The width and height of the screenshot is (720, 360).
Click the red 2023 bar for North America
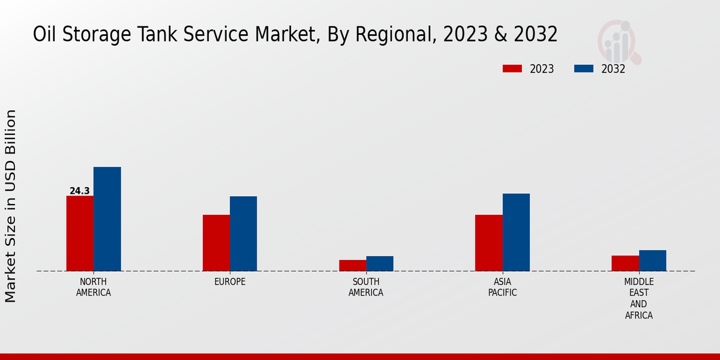(x=80, y=233)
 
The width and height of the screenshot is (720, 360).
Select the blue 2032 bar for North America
(x=107, y=219)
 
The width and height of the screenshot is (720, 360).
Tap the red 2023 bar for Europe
(x=216, y=243)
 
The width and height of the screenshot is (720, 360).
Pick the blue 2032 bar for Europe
(x=243, y=233)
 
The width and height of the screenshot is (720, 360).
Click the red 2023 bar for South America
(x=352, y=265)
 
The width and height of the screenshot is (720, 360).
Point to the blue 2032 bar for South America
(x=380, y=263)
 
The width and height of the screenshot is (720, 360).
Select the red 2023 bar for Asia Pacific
(x=488, y=243)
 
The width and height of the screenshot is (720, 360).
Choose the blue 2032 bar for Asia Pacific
(x=516, y=232)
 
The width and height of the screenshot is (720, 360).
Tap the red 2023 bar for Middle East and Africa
(x=625, y=263)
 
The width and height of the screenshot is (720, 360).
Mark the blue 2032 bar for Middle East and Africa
(x=652, y=260)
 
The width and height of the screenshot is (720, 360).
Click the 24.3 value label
(x=79, y=191)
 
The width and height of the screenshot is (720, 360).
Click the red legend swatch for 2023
(x=512, y=69)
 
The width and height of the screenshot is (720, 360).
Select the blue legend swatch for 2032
(x=584, y=69)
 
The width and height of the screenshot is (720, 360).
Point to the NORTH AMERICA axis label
(x=94, y=287)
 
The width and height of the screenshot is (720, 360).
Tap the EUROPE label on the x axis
(x=230, y=282)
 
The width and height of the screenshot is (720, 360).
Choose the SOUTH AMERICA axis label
(x=366, y=287)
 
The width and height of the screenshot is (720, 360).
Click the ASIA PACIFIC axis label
(x=502, y=287)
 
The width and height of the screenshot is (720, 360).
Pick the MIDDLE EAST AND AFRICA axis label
(x=639, y=299)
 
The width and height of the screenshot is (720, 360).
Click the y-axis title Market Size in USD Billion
(x=11, y=206)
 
